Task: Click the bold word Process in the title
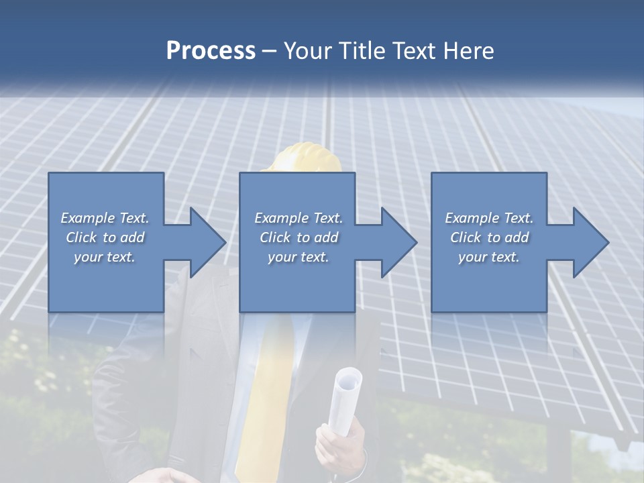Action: tap(211, 51)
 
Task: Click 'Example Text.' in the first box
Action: tap(105, 218)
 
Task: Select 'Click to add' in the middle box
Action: tap(299, 237)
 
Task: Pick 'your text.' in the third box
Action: tap(489, 257)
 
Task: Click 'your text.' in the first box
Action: tap(105, 257)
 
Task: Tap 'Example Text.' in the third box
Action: tap(489, 218)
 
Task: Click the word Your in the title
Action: tap(305, 51)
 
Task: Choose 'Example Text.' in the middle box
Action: tap(299, 218)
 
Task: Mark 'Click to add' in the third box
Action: tap(489, 237)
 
